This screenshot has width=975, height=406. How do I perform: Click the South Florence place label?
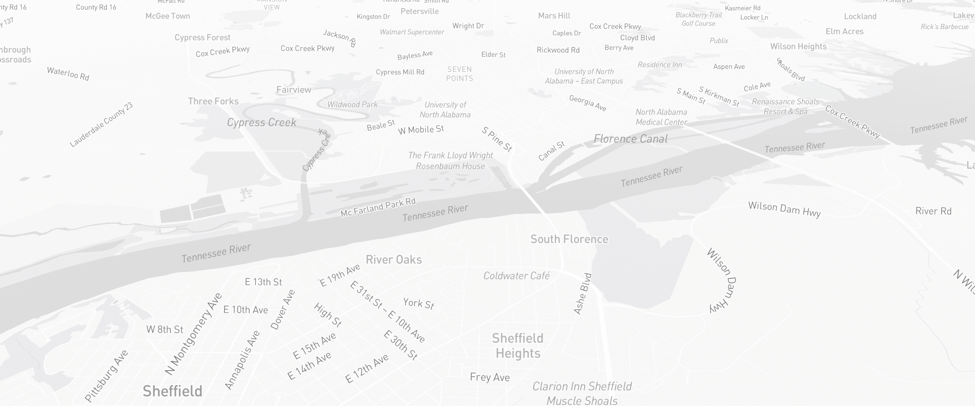(569, 239)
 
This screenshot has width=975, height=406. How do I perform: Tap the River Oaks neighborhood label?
(394, 259)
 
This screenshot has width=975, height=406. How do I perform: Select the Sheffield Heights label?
(518, 346)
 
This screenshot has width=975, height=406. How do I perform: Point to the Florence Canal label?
(630, 139)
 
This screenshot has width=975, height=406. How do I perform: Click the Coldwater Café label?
(516, 276)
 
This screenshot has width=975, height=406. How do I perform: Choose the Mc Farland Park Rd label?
(378, 207)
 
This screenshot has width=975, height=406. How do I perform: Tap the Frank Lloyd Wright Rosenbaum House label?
(451, 161)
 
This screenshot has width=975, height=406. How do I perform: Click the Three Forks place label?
(213, 101)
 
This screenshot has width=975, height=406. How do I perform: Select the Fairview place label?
(294, 90)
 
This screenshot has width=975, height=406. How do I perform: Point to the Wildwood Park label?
(353, 104)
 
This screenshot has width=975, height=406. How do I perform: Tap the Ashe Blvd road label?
(583, 294)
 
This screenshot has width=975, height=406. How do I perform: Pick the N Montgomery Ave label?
(193, 334)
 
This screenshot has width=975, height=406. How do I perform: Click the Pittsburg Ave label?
(106, 376)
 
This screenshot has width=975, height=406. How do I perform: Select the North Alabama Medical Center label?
(661, 117)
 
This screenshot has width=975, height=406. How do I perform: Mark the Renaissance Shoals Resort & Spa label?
(785, 106)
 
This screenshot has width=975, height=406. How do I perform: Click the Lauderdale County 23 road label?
(101, 125)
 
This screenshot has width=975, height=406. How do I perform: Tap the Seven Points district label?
(459, 74)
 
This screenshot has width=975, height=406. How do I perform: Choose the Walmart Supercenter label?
(412, 32)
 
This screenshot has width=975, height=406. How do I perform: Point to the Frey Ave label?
(490, 378)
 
